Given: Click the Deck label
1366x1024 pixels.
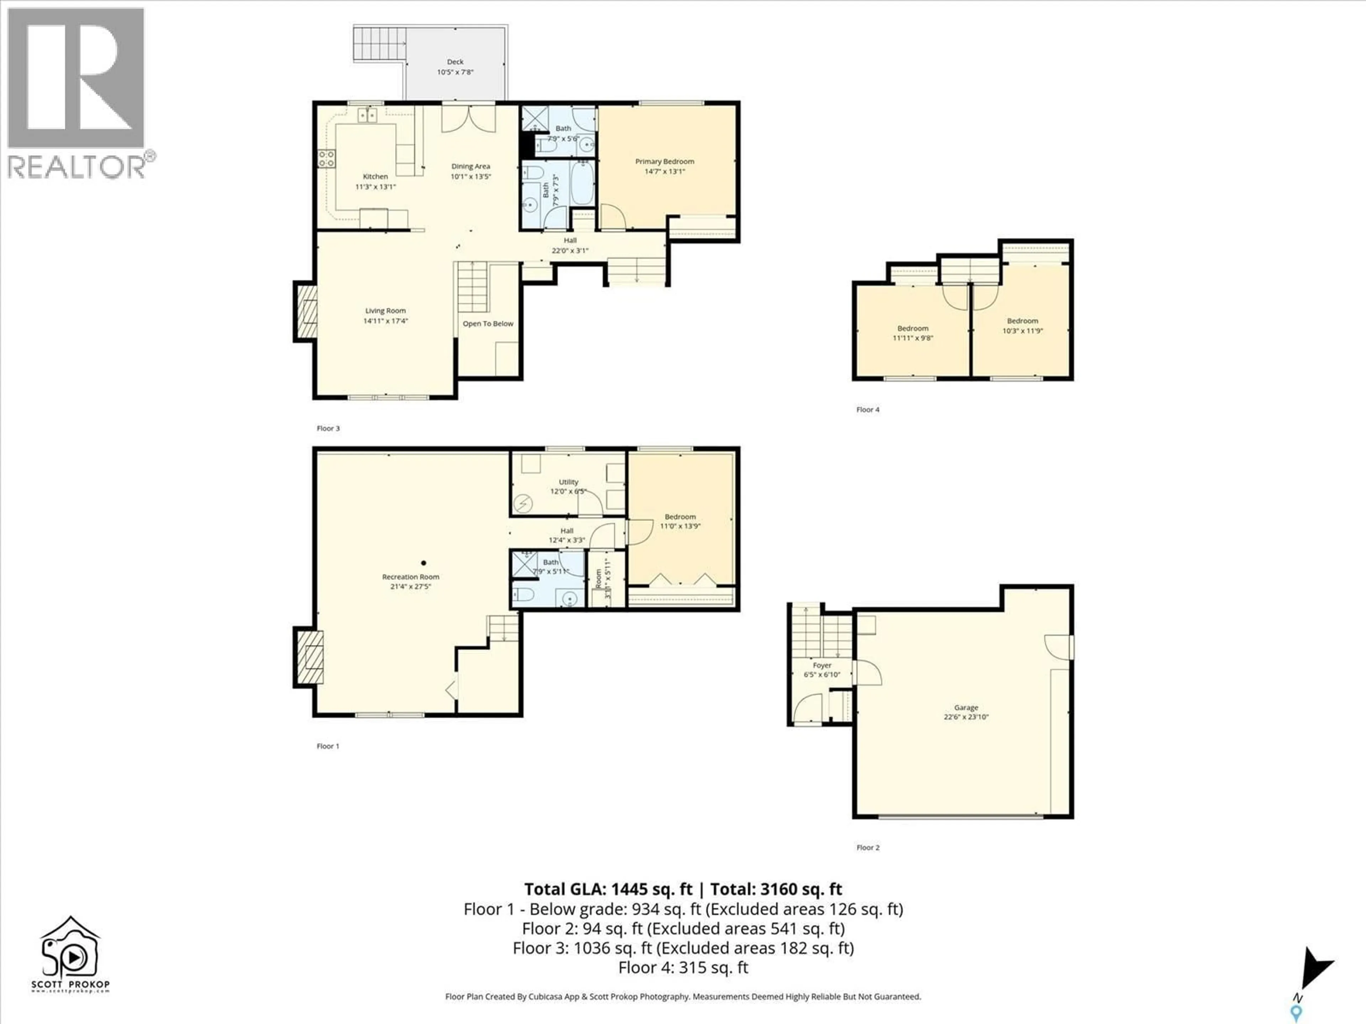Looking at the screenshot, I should point(455,62).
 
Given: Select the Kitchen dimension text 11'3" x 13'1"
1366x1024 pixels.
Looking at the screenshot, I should point(375,186).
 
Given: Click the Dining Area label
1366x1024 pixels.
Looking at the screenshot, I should point(471,166).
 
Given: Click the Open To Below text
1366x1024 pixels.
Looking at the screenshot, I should point(488,324).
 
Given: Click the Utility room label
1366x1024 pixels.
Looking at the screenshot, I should point(568,482).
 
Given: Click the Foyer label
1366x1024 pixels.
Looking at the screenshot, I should point(822,665).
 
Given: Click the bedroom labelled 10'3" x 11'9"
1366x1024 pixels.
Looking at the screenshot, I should point(1022,325).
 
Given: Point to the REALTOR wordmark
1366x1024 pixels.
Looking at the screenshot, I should point(77,167).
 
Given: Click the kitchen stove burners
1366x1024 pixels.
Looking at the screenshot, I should point(327,159).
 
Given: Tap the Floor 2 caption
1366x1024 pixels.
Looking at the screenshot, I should point(868,848).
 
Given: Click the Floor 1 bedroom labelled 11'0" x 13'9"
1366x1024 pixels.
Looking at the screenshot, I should point(680,521).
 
